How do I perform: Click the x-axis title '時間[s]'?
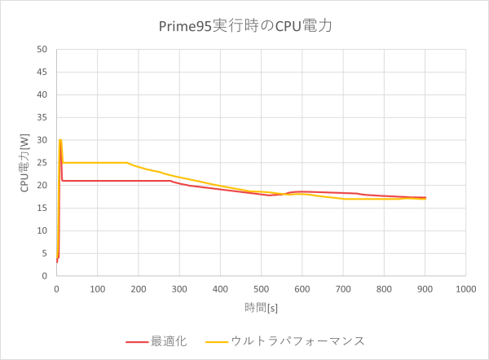pos(261,307)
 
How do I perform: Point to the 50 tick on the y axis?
pos(46,49)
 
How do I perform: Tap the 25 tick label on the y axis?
pos(46,162)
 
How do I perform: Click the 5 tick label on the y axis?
pos(48,252)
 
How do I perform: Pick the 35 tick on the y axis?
pos(46,117)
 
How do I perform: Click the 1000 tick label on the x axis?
pos(465,288)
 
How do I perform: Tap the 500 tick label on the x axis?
pos(261,288)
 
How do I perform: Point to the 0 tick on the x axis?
pos(56,288)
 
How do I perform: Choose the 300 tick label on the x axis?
pos(179,288)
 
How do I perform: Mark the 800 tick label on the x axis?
pos(384,288)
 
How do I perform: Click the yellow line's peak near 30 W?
pos(59,140)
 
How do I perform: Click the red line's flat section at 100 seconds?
pos(97,181)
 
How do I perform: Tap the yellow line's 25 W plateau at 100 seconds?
pos(97,162)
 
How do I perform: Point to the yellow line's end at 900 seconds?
pos(425,199)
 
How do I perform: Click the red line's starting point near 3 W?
pos(57,261)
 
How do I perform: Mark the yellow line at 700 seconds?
pos(343,199)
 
